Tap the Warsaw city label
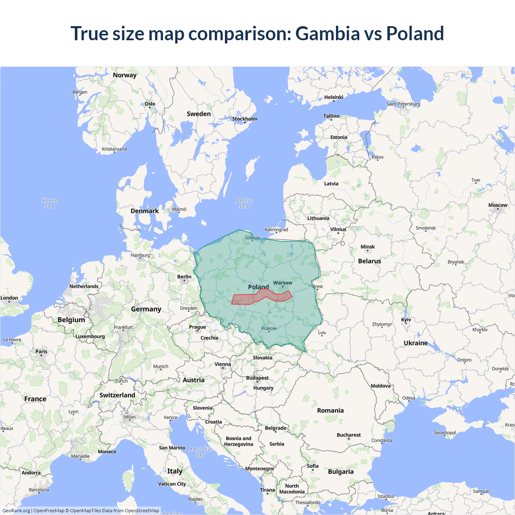tap(283, 283)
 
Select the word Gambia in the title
tap(328, 33)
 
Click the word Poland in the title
tap(415, 33)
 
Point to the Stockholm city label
tap(245, 119)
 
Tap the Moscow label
tap(498, 205)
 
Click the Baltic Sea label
tap(244, 203)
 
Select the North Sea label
tap(49, 203)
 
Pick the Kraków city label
tap(269, 328)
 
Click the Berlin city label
tap(184, 277)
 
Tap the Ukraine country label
tap(416, 343)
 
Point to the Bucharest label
tap(348, 435)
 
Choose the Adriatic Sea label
tap(200, 452)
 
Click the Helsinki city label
tap(334, 97)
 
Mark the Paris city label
tap(41, 352)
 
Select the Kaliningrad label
tap(276, 230)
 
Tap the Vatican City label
tap(172, 484)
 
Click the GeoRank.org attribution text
tap(16, 511)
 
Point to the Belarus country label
tap(369, 261)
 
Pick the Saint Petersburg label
tap(403, 104)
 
